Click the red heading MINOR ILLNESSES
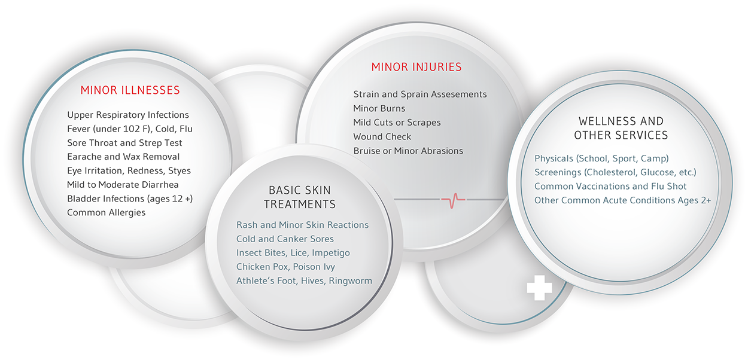tap(130, 90)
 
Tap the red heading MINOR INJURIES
tap(416, 67)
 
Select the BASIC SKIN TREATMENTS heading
tap(300, 197)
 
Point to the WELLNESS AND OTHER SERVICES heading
tap(621, 128)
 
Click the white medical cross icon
tap(539, 288)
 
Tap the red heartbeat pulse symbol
tap(453, 200)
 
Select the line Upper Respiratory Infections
tap(128, 115)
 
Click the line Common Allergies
tap(106, 212)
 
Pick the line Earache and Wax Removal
tap(123, 157)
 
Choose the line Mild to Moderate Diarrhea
tap(123, 185)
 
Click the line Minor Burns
tap(379, 108)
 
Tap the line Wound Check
tap(382, 137)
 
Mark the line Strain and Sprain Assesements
tap(419, 94)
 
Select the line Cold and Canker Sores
tap(285, 239)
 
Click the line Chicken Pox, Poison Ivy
tap(285, 267)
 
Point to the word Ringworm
tap(350, 281)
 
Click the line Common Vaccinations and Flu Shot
tap(610, 186)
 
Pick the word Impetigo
tap(330, 253)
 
